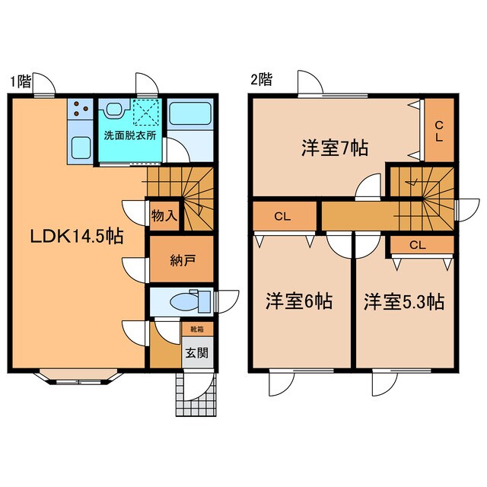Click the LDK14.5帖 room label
(x=77, y=237)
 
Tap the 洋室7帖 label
(x=335, y=148)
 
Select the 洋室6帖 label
(x=299, y=301)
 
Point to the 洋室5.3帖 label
(x=404, y=301)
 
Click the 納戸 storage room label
(x=183, y=260)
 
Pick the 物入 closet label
(x=164, y=215)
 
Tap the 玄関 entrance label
(x=197, y=352)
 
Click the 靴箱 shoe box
(x=197, y=329)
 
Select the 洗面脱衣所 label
(x=130, y=135)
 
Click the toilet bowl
(x=185, y=301)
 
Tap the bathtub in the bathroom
(x=190, y=113)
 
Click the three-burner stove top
(x=80, y=109)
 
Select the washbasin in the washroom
(x=114, y=109)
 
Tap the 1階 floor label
(x=21, y=81)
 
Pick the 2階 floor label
(x=262, y=79)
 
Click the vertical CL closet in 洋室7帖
(x=439, y=130)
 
